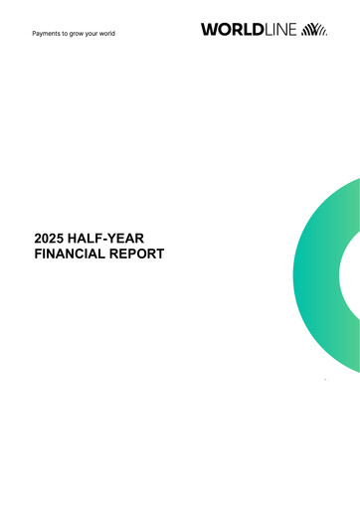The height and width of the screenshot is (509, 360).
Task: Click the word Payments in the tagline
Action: tap(47, 34)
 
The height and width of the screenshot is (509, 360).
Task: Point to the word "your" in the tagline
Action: tap(99, 34)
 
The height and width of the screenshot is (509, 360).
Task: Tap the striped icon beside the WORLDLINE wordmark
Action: tap(314, 30)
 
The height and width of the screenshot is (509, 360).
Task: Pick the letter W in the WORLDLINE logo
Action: tap(209, 30)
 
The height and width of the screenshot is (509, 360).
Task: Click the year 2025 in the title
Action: tap(50, 239)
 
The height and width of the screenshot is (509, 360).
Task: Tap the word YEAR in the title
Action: tap(137, 239)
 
